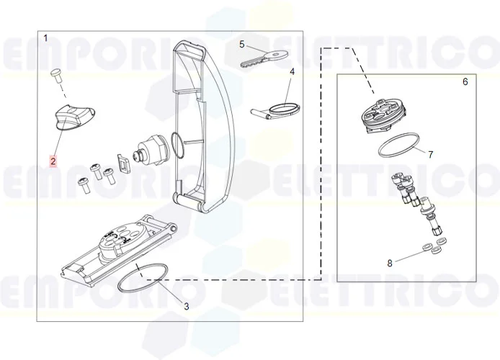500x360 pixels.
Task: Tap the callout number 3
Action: pyautogui.click(x=186, y=307)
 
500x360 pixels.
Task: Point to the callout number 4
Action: pyautogui.click(x=293, y=72)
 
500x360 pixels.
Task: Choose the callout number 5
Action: pyautogui.click(x=242, y=45)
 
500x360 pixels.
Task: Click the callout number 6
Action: pyautogui.click(x=465, y=81)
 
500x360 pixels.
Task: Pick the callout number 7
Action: pyautogui.click(x=430, y=155)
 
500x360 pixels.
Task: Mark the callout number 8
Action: pyautogui.click(x=390, y=263)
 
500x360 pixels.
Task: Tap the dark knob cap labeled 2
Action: pyautogui.click(x=74, y=115)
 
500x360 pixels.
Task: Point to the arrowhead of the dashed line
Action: pyautogui.click(x=374, y=92)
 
